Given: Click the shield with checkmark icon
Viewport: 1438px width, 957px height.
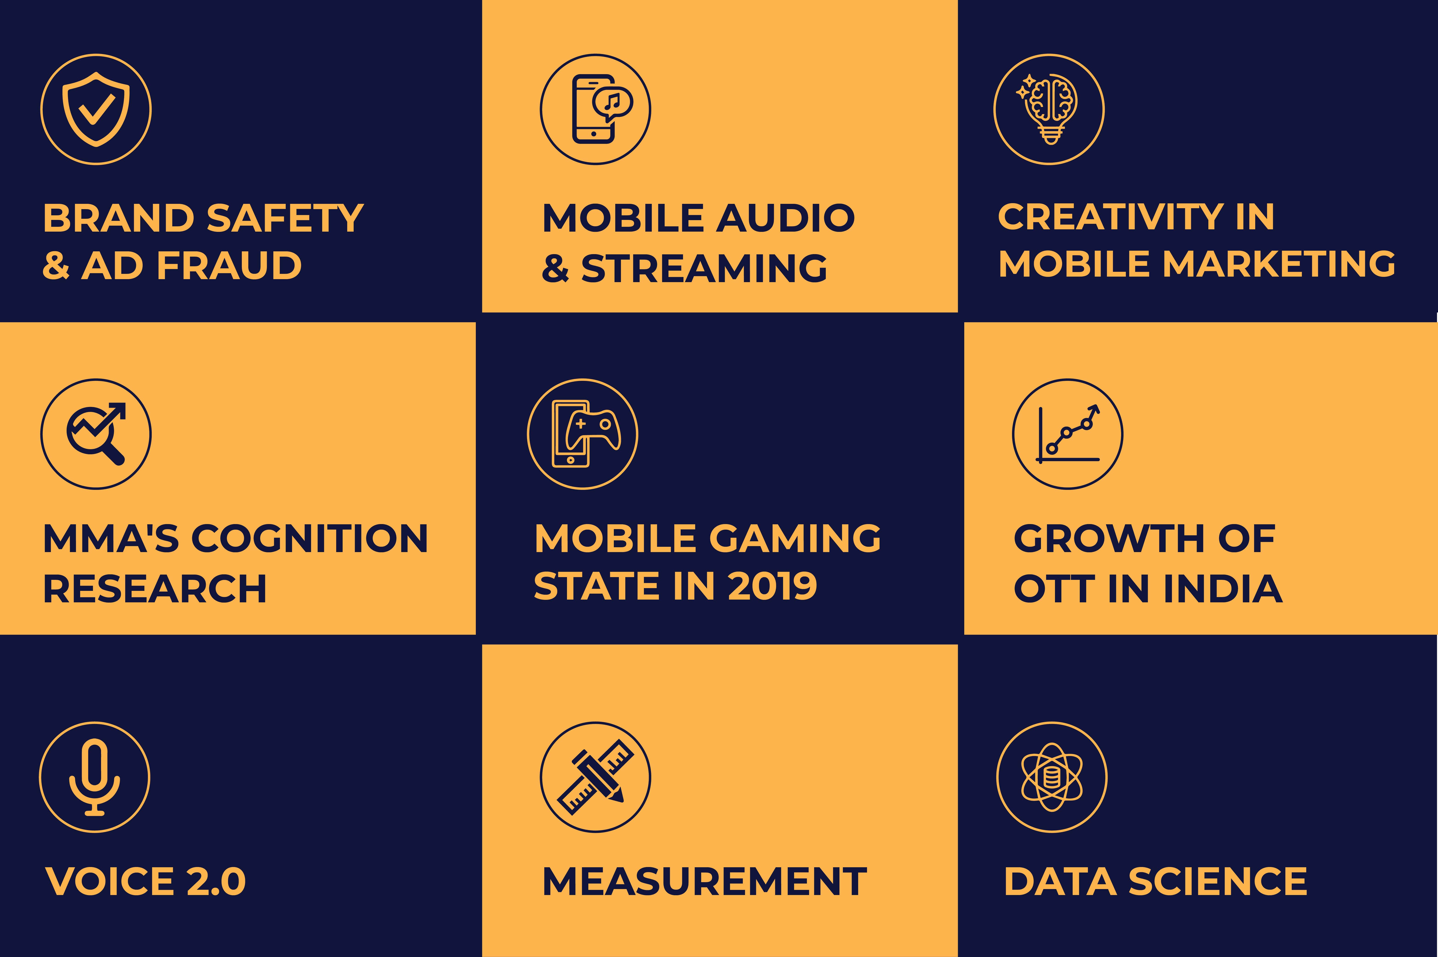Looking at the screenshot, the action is click(x=96, y=109).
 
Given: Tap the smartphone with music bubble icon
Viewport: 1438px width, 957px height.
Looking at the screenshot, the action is click(x=601, y=109).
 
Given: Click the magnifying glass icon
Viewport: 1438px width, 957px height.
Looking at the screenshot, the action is click(x=96, y=434).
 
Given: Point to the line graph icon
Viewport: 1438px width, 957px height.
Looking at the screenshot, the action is click(x=1067, y=434).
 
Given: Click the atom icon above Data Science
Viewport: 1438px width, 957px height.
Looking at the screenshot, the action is click(x=1052, y=777).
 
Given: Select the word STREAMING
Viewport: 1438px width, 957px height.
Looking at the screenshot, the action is click(x=704, y=269).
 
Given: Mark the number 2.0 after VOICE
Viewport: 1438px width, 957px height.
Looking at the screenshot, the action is click(x=216, y=881).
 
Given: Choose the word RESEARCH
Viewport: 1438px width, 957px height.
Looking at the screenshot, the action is click(x=155, y=589).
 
